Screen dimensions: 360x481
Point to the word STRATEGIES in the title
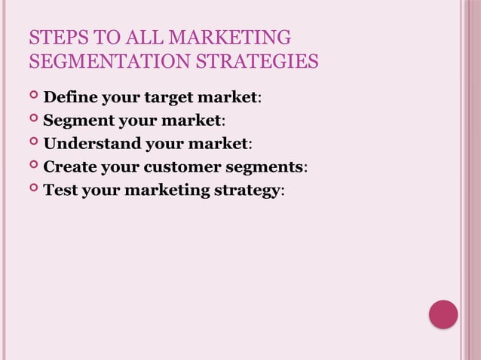tap(256, 61)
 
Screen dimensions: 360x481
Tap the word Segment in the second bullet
tap(78, 121)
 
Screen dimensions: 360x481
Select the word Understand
tap(89, 143)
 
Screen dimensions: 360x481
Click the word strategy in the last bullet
tap(246, 191)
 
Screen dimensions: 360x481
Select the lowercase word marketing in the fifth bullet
tap(167, 191)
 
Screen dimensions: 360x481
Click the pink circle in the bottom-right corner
tap(443, 314)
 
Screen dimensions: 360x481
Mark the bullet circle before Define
tap(34, 96)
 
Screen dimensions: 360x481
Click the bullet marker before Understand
tap(34, 142)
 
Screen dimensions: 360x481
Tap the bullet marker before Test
tap(34, 189)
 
